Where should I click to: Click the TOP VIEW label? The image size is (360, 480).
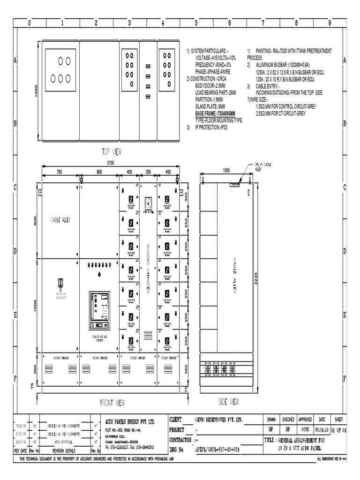point(112,151)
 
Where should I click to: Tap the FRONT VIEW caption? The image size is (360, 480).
point(112,402)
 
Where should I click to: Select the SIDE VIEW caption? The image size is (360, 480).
point(229,402)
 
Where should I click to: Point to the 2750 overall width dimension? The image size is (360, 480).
point(111,162)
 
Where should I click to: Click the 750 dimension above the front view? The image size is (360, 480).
point(59,172)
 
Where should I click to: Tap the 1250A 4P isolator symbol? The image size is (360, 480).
point(60,283)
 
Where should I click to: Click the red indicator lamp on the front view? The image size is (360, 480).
point(99,274)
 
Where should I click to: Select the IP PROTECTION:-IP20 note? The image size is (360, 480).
point(212,127)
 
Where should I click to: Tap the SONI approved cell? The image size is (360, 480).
point(305,429)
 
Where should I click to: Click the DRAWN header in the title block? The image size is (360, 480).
point(271,420)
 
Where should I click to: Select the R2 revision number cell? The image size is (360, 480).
point(35,425)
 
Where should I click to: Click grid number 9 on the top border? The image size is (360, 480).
point(330,22)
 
